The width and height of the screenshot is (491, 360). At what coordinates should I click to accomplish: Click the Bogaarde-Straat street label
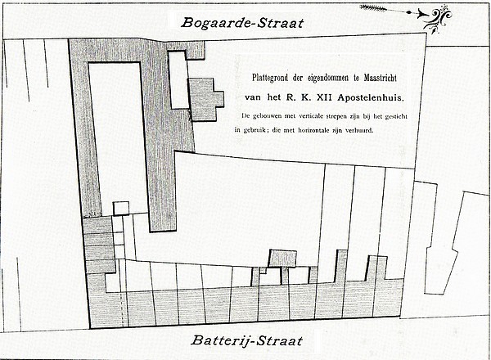242,23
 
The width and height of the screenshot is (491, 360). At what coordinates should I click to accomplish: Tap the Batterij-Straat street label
247,340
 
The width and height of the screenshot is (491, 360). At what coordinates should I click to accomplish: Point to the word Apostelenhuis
371,98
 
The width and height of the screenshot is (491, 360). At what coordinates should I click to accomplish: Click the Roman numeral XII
326,97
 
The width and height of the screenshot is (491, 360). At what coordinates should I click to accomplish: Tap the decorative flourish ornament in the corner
437,19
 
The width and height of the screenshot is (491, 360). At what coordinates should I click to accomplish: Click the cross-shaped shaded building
205,99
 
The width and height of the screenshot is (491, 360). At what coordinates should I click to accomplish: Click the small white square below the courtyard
121,209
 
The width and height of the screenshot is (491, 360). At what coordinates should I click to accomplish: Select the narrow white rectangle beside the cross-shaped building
178,79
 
